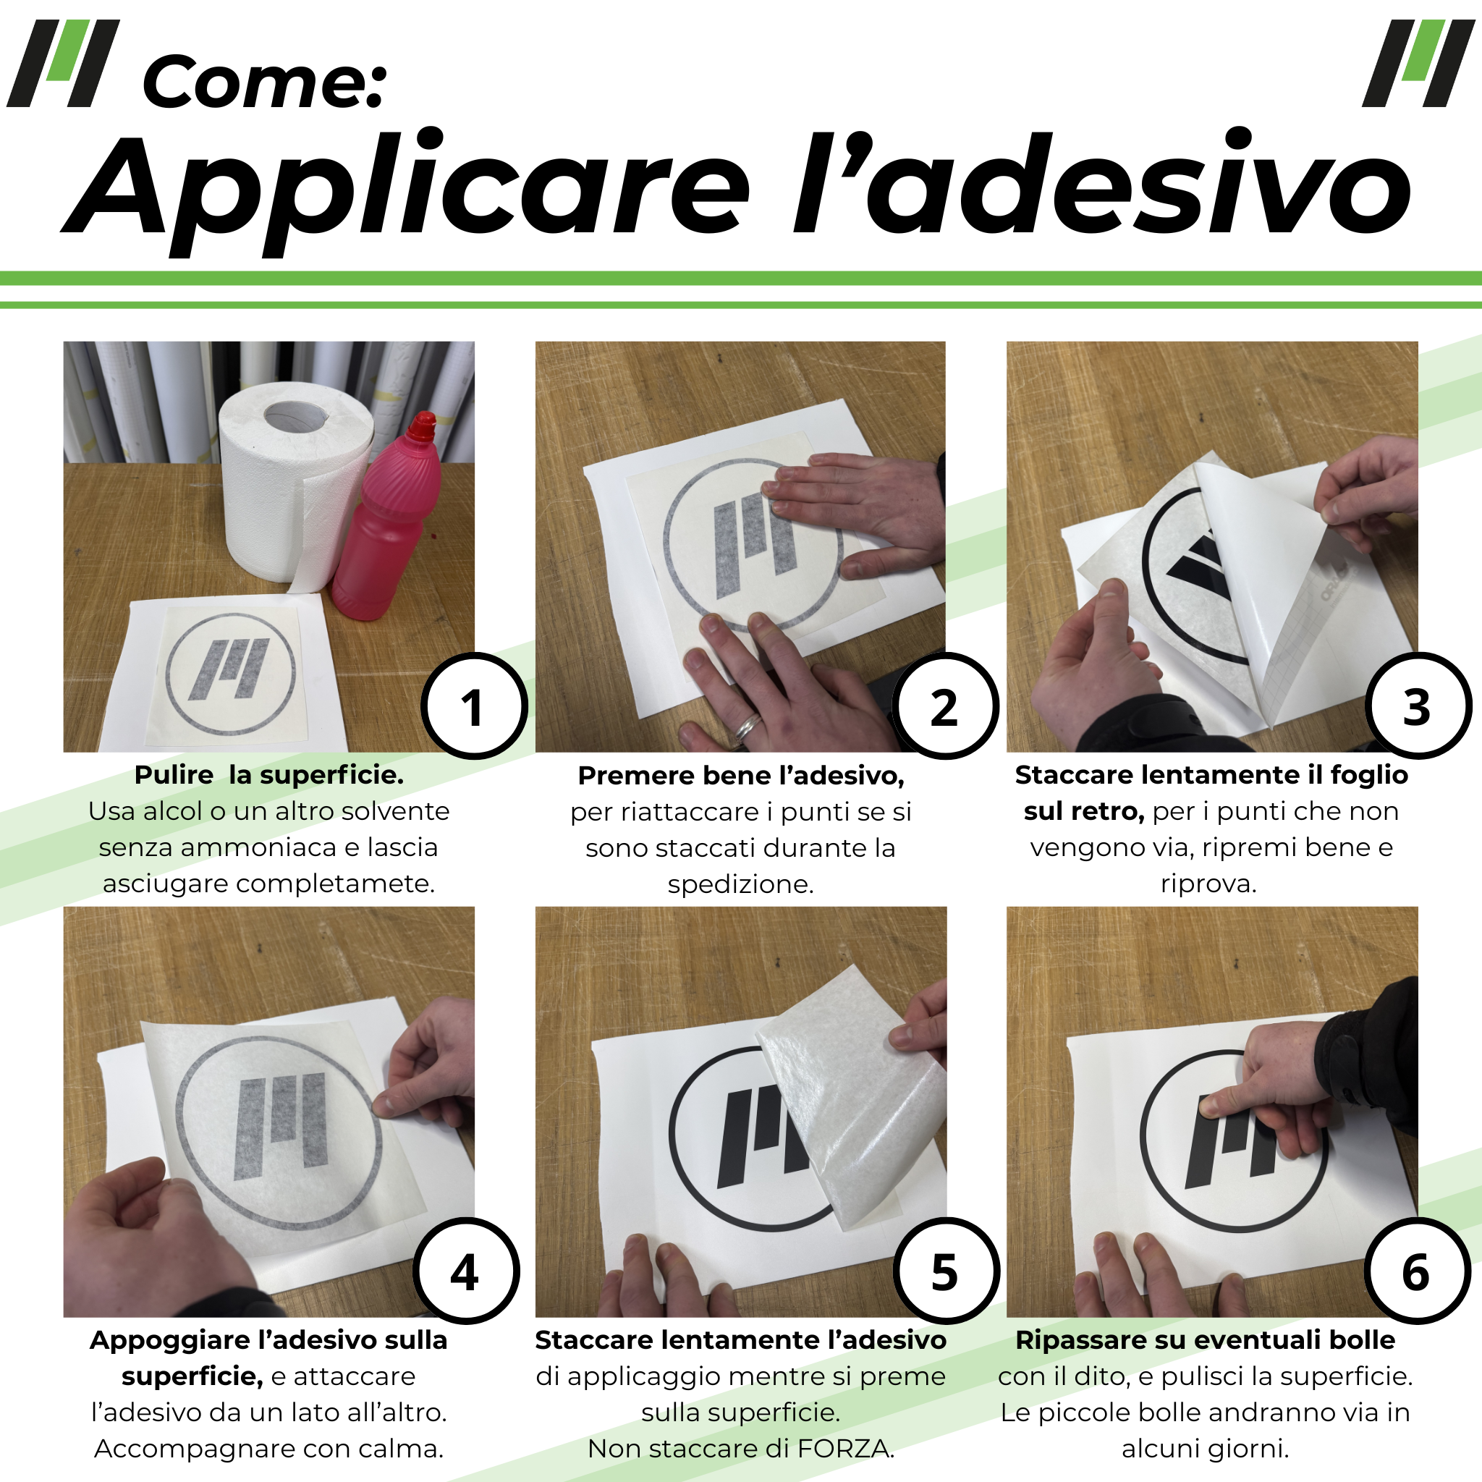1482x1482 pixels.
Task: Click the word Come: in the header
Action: tap(265, 82)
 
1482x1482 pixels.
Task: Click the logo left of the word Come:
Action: tap(63, 63)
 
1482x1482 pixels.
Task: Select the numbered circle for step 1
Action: tap(474, 706)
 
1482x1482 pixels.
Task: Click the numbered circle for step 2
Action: tap(945, 706)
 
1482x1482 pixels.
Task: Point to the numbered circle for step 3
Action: tap(1418, 706)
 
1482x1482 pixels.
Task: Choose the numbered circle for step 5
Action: tap(946, 1271)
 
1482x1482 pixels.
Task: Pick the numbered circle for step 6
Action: tap(1418, 1271)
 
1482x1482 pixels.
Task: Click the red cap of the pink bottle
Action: tap(421, 426)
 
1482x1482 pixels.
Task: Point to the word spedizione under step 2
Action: tap(740, 884)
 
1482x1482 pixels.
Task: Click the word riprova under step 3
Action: tap(1208, 884)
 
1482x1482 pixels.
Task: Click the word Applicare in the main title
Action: tap(407, 188)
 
